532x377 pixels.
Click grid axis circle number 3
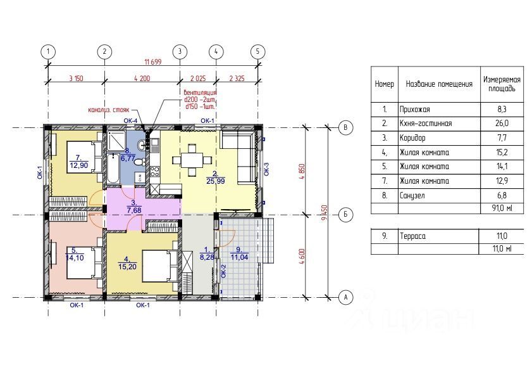point(180,52)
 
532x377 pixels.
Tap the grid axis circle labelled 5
point(257,52)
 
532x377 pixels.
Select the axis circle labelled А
point(346,297)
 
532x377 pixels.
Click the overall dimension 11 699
point(152,62)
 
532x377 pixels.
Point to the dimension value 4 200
point(142,79)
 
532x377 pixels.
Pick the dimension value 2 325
point(237,79)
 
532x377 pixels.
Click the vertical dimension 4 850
point(302,172)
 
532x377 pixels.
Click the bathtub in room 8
point(113,169)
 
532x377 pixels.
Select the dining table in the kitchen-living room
point(192,160)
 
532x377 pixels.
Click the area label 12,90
point(78,165)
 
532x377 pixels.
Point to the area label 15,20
point(127,267)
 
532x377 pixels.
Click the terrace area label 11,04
point(240,257)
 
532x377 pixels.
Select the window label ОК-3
point(266,169)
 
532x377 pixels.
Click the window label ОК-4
point(130,120)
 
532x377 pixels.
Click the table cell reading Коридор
point(412,138)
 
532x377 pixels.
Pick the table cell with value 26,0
point(502,124)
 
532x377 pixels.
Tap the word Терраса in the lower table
point(412,236)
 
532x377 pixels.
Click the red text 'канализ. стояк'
point(109,110)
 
